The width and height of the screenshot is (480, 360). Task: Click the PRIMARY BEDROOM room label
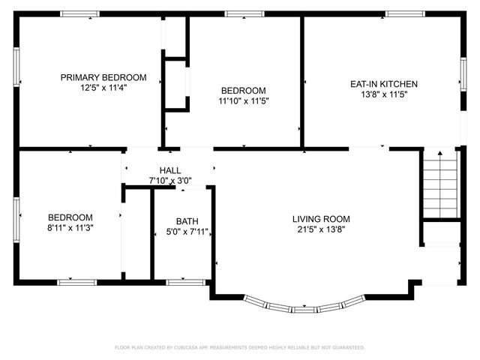tap(103, 77)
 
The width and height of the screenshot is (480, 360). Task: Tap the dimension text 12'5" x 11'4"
tap(103, 87)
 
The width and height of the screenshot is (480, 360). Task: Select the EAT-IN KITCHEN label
tap(384, 84)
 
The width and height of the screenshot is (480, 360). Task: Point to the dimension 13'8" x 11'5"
tap(384, 94)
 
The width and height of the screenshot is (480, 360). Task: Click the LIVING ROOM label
tap(321, 219)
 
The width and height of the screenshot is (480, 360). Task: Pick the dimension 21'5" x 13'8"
tap(321, 229)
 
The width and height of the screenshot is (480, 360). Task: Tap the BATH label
tap(187, 221)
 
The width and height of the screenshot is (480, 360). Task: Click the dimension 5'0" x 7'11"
tap(187, 232)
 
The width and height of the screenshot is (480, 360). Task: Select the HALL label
tap(170, 170)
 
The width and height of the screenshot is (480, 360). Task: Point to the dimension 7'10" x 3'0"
tap(170, 181)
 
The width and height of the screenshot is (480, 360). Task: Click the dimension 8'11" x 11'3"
tap(70, 226)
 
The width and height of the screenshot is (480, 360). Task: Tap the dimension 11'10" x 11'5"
tap(243, 100)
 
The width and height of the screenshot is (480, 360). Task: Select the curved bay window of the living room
tap(304, 306)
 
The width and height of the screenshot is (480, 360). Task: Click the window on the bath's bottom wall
tap(185, 282)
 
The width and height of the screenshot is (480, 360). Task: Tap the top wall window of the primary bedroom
tap(80, 13)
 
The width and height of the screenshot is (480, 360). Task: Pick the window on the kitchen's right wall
tap(463, 75)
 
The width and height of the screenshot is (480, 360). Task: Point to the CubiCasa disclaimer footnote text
tap(240, 347)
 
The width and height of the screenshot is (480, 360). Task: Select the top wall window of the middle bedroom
tap(244, 13)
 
